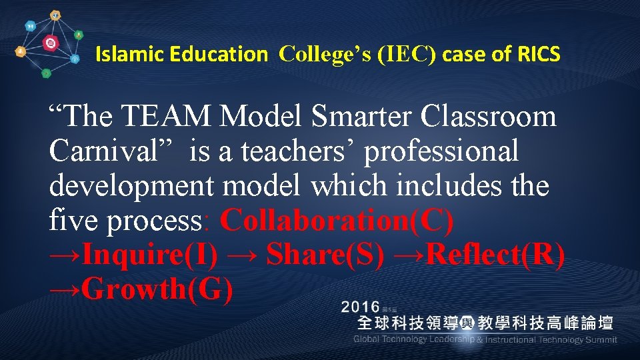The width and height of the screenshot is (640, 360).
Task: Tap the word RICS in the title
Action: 539,54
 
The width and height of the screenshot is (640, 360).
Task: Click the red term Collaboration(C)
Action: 337,221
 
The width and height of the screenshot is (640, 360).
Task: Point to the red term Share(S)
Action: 325,255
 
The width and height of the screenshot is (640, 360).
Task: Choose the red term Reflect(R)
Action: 495,255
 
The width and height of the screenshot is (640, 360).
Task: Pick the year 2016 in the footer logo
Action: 361,307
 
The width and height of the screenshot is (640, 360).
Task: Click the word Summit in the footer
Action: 600,339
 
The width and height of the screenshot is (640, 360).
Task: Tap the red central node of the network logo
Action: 50,44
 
